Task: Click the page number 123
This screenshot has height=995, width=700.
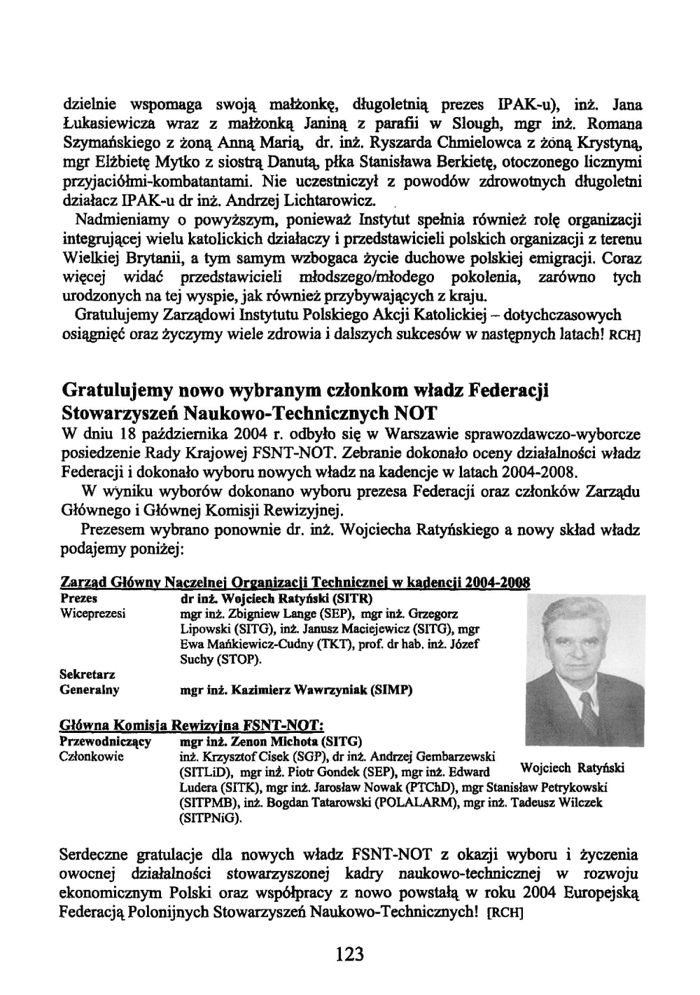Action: [x=349, y=954]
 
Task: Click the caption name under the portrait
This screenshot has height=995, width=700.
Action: [x=573, y=769]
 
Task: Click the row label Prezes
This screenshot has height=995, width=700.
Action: [x=79, y=598]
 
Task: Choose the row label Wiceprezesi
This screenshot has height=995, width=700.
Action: [x=93, y=614]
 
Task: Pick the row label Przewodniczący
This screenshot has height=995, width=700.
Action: [x=106, y=741]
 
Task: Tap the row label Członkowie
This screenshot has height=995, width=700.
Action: [x=92, y=756]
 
